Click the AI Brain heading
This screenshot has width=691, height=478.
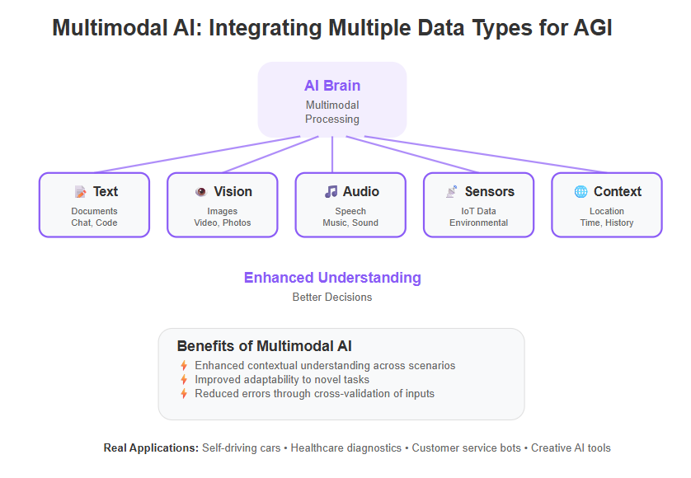point(332,86)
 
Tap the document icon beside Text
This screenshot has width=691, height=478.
point(80,192)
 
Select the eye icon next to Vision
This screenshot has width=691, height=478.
point(201,192)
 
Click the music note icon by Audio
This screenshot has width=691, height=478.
point(331,192)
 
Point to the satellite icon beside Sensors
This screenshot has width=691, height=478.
point(452,192)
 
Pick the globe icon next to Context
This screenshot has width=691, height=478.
point(581,192)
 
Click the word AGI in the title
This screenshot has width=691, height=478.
point(593,28)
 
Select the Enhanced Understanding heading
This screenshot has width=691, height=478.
point(332,278)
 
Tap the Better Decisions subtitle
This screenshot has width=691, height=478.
point(332,297)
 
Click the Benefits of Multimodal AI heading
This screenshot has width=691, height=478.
point(265,346)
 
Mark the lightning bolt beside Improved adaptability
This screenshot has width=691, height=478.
point(184,379)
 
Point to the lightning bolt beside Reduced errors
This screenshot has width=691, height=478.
point(184,393)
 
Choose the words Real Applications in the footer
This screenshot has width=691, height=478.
point(151,448)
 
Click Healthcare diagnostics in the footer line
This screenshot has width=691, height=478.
point(346,448)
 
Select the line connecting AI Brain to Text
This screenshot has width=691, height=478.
point(197,154)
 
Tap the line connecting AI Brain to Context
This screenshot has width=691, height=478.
point(487,154)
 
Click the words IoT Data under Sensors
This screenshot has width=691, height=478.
point(478,211)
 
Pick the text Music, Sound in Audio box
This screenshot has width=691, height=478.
point(350,223)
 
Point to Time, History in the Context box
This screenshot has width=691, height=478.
point(607,223)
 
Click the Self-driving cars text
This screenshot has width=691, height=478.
point(241,448)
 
